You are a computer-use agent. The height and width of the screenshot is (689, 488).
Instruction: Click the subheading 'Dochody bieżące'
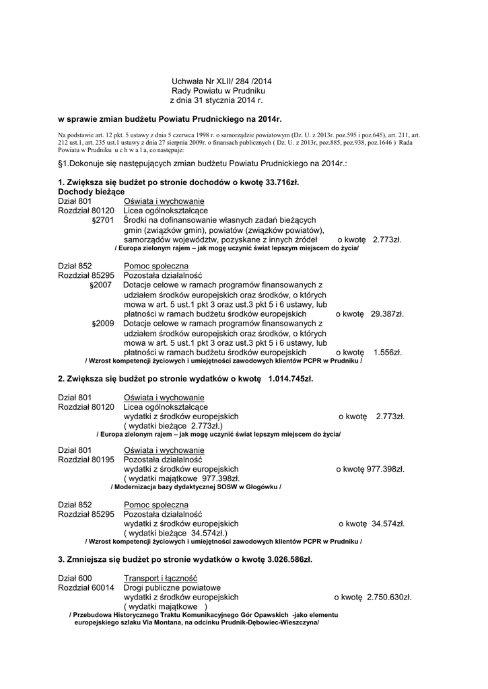tap(91, 192)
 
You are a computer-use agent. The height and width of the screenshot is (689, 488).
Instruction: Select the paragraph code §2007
tap(101, 285)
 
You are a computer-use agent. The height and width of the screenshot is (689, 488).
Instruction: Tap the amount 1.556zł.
tap(387, 352)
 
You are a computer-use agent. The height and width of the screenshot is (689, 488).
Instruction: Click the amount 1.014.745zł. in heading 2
tap(290, 379)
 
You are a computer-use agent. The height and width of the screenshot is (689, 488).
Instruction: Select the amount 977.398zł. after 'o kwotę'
tap(385, 469)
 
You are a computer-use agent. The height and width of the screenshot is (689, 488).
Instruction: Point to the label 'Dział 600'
tap(75, 578)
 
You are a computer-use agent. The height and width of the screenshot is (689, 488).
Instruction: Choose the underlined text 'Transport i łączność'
tap(160, 578)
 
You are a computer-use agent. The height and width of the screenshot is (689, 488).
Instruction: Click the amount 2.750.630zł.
tap(389, 597)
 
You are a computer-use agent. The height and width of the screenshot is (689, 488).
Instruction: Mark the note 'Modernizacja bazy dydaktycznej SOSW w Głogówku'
tap(195, 486)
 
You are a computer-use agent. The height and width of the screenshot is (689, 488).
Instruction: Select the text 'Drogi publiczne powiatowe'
tap(172, 587)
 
